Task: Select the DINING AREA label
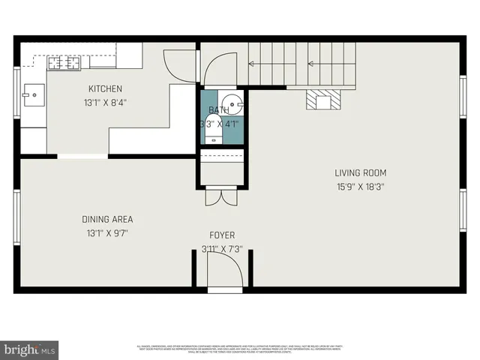(107, 219)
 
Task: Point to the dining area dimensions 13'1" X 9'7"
(107, 233)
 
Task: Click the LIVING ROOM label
(360, 172)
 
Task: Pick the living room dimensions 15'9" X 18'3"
(360, 187)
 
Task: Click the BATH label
(219, 110)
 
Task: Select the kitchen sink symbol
(32, 94)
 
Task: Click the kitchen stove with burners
(64, 62)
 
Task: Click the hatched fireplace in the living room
(323, 100)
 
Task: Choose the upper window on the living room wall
(463, 97)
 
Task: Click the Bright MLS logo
(30, 349)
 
